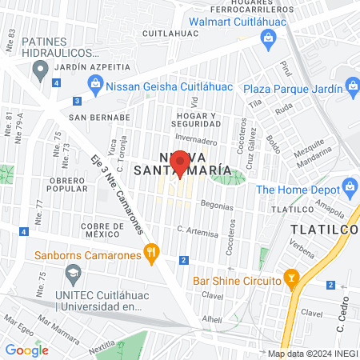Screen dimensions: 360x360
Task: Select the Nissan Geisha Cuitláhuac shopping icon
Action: click(x=95, y=82)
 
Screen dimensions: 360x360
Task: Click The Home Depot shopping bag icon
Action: click(x=350, y=189)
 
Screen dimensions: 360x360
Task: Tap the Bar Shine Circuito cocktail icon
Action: click(x=293, y=280)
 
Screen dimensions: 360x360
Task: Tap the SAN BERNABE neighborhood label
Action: click(x=94, y=117)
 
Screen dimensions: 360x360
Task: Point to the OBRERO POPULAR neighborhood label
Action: click(x=78, y=186)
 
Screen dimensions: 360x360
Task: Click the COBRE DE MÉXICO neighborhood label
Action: click(x=102, y=231)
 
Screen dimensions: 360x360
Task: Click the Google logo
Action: click(x=26, y=350)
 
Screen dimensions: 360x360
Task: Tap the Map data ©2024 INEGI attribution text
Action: click(x=312, y=354)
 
